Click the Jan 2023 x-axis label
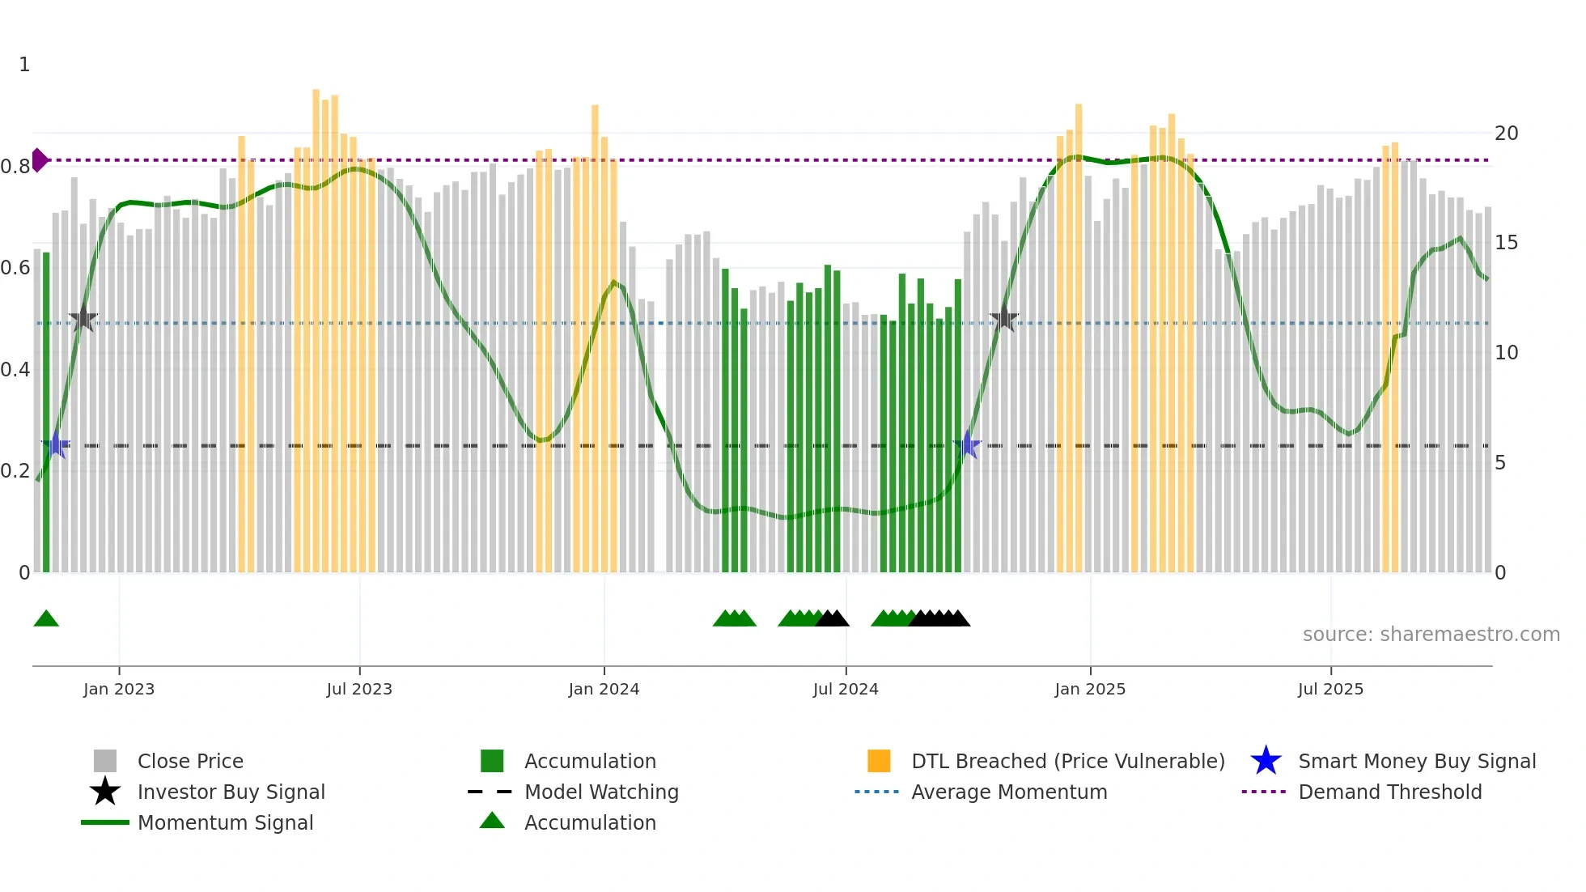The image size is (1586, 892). (119, 689)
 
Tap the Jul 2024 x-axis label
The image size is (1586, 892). (846, 689)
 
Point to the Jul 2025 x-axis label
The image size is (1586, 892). (1330, 689)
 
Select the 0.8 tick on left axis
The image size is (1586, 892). (15, 167)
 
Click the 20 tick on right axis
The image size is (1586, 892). (1506, 133)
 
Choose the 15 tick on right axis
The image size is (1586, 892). (1506, 243)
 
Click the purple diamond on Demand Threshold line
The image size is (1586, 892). (39, 160)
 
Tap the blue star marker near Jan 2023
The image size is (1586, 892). (56, 445)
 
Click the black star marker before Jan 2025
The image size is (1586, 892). (1003, 318)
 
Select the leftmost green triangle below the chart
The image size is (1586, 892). (46, 619)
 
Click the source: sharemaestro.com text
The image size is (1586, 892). (1431, 635)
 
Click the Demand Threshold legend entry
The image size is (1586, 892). (1389, 792)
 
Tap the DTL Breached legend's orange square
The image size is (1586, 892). (879, 761)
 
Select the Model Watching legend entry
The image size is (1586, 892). (600, 792)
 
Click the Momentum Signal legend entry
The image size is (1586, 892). (225, 822)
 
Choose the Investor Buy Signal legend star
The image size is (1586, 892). (105, 792)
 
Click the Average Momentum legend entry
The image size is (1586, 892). (1008, 792)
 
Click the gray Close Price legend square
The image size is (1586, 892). (105, 761)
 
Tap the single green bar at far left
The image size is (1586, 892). (46, 413)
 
